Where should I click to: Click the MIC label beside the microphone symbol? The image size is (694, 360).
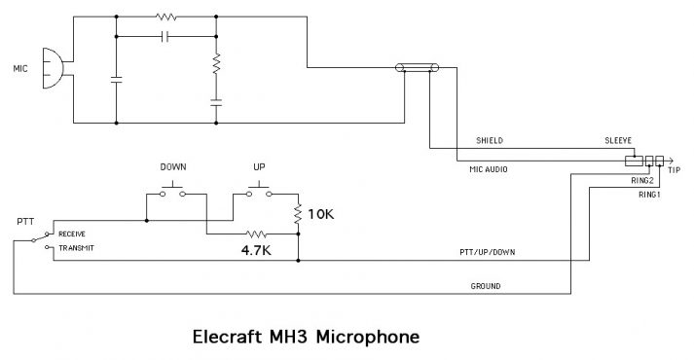[x=19, y=70]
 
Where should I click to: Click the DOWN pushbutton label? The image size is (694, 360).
[x=172, y=166]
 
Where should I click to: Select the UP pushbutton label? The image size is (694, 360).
[x=259, y=166]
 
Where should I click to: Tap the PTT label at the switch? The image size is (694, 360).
[x=25, y=222]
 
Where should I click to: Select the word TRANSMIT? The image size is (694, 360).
[x=77, y=248]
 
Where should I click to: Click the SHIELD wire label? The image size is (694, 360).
[x=489, y=141]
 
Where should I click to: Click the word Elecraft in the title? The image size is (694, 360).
[x=227, y=338]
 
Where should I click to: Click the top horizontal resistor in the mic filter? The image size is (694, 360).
[x=165, y=17]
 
